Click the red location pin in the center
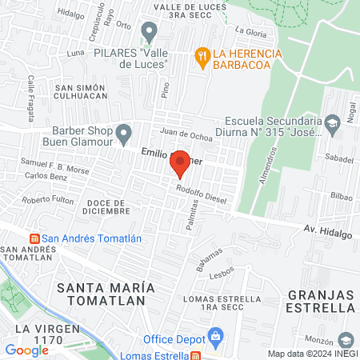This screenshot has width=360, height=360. point(180,164)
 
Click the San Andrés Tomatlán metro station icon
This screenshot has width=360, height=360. point(34,238)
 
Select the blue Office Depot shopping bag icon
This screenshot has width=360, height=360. point(214,335)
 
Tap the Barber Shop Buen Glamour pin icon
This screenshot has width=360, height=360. point(122,132)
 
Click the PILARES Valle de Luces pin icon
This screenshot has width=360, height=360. point(148,31)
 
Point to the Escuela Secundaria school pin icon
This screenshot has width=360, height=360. point(333,122)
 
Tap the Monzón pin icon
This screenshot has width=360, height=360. point(346,339)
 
